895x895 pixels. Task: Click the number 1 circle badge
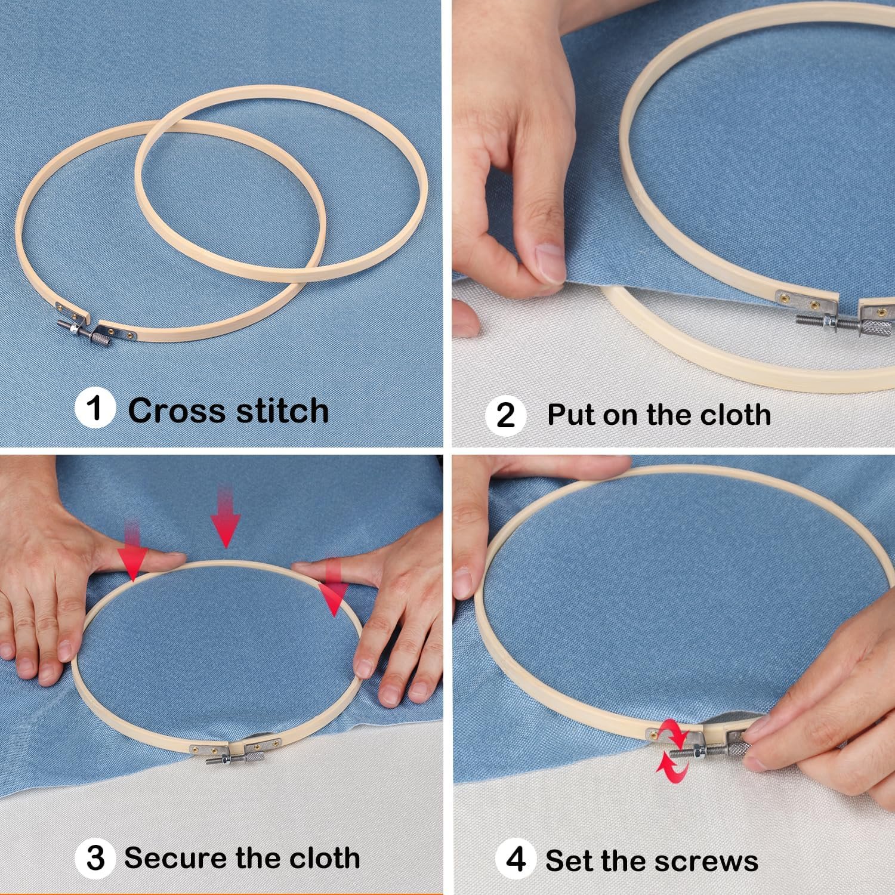[x=95, y=409]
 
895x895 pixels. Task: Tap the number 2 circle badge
[x=505, y=415]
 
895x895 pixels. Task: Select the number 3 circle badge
[x=95, y=859]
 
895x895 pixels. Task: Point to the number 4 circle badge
[x=516, y=860]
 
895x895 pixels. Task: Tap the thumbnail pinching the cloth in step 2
[x=549, y=263]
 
